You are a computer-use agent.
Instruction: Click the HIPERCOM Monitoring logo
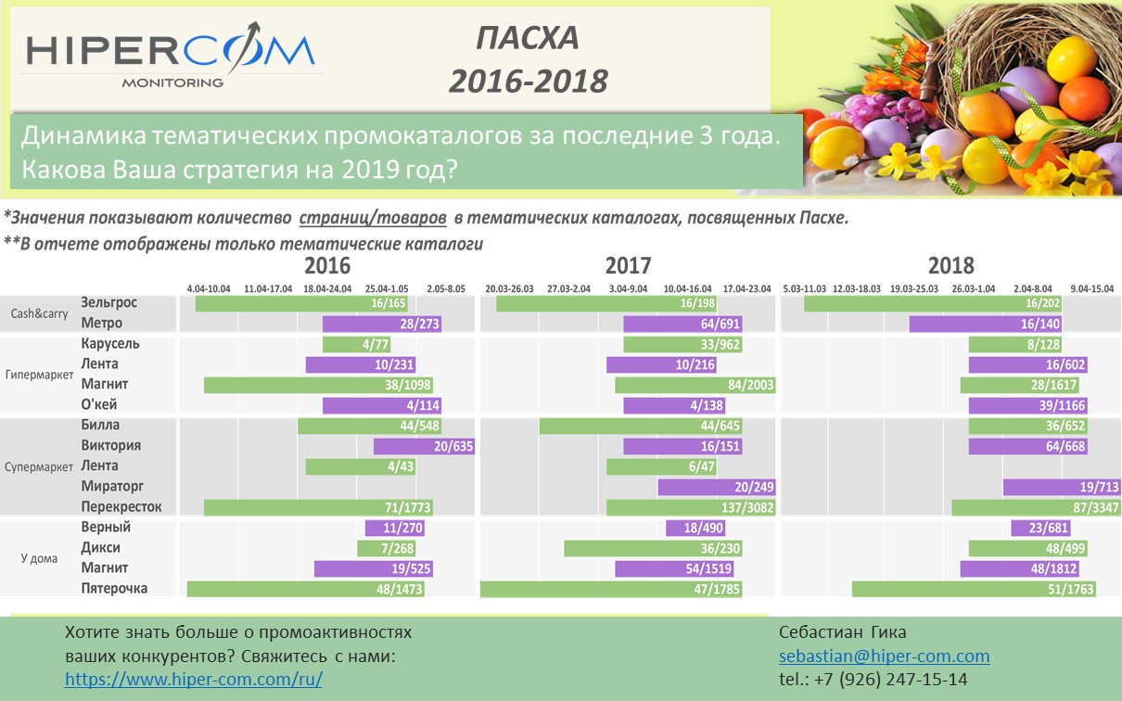(172, 55)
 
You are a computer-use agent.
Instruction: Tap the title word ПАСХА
(528, 38)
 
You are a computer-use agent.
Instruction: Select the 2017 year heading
(628, 265)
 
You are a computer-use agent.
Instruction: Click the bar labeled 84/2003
(695, 385)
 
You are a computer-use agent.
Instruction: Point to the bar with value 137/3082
(691, 507)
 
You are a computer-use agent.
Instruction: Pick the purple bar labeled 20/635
(424, 446)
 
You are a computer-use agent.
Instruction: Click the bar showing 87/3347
(1036, 507)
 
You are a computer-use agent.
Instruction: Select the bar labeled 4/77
(357, 345)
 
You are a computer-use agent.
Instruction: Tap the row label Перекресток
(121, 506)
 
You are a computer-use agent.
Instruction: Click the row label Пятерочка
(114, 588)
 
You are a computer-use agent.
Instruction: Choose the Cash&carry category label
(39, 314)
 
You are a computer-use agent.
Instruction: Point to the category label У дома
(39, 558)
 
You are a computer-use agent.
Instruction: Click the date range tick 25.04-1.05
(387, 289)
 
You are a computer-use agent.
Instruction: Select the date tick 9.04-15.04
(1092, 289)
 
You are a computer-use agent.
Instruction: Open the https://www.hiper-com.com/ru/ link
(194, 679)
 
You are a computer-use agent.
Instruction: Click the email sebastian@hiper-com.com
(884, 656)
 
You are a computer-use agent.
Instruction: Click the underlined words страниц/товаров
(373, 218)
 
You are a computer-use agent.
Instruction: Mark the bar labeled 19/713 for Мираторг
(1062, 487)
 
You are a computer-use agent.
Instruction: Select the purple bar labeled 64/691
(682, 324)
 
